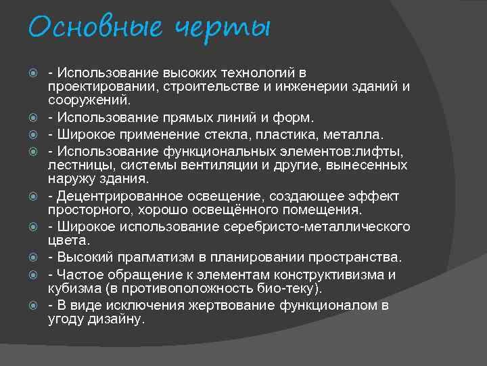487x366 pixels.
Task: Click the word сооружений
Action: point(88,101)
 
